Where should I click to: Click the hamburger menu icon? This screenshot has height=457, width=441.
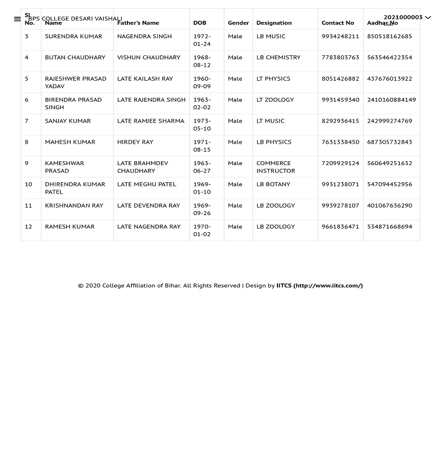point(17,19)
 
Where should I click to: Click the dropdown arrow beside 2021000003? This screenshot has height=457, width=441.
point(428,18)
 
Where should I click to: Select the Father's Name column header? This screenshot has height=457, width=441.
point(138,23)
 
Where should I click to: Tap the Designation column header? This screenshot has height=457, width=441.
point(274,23)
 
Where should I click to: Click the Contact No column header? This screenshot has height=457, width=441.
point(338,23)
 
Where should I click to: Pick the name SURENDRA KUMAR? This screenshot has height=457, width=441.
point(73,37)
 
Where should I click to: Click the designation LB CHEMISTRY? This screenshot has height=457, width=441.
point(279,58)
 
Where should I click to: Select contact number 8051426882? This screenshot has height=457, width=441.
point(340,78)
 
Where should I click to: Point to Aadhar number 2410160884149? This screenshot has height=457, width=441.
point(392,99)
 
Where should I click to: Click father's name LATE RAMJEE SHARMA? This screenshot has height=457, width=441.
point(151,121)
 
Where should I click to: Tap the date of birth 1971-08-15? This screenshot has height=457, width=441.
point(202,146)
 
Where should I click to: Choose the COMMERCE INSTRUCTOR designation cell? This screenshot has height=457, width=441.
point(275,167)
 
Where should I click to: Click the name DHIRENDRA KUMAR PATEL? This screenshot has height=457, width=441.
point(75,188)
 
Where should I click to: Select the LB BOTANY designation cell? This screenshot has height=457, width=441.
point(273,184)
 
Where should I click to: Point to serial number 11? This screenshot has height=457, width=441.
point(29,205)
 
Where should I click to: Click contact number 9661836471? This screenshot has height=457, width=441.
point(340,226)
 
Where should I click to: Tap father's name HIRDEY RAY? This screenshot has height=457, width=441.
point(135,142)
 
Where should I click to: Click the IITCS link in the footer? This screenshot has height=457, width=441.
point(319,285)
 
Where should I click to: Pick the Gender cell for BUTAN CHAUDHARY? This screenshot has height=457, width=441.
point(235,58)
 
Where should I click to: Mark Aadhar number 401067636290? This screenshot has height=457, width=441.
point(389,205)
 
